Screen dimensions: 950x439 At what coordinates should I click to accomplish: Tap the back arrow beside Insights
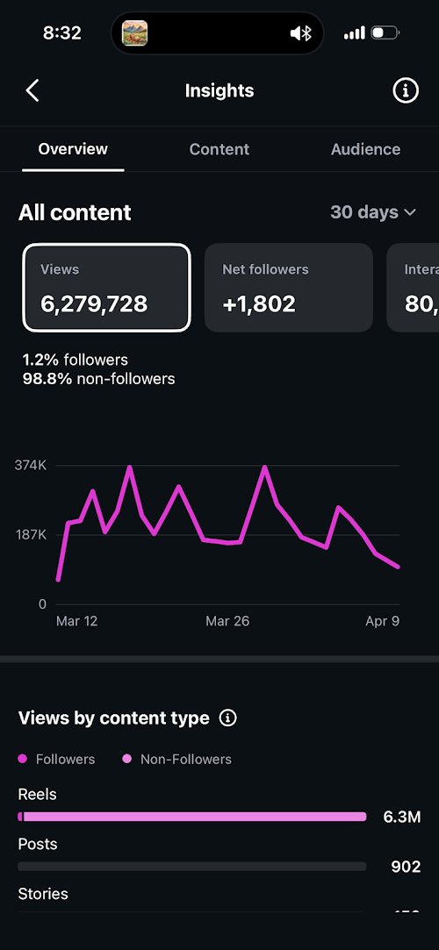pyautogui.click(x=32, y=90)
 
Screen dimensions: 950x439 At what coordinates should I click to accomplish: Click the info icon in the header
pyautogui.click(x=405, y=90)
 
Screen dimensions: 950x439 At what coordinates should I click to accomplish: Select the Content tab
pyautogui.click(x=219, y=149)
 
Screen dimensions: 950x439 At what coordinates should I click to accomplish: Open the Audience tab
pyautogui.click(x=365, y=149)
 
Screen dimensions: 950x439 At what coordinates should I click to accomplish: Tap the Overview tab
pyautogui.click(x=73, y=149)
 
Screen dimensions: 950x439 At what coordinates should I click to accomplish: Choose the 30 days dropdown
pyautogui.click(x=372, y=212)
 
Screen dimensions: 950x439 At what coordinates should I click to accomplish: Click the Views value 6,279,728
pyautogui.click(x=94, y=304)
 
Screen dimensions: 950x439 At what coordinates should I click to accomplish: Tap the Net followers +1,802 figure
pyautogui.click(x=259, y=304)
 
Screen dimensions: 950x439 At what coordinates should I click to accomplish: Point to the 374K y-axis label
pyautogui.click(x=31, y=465)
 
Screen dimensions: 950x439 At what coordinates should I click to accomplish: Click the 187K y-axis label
pyautogui.click(x=31, y=534)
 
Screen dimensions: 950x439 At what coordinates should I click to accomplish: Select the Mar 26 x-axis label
pyautogui.click(x=227, y=621)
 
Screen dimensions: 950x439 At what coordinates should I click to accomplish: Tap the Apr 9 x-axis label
pyautogui.click(x=382, y=621)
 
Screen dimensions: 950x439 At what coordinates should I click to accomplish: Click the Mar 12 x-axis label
pyautogui.click(x=77, y=621)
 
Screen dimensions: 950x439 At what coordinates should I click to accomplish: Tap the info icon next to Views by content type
pyautogui.click(x=227, y=718)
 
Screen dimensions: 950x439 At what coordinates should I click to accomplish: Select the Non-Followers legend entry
pyautogui.click(x=185, y=759)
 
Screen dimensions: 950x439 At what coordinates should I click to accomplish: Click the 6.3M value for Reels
pyautogui.click(x=401, y=818)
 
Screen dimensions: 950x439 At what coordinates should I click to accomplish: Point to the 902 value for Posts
pyautogui.click(x=406, y=867)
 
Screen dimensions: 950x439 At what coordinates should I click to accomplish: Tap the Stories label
pyautogui.click(x=43, y=894)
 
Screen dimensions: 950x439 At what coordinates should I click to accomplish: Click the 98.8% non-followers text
pyautogui.click(x=98, y=379)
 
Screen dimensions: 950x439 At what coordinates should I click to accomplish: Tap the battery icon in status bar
pyautogui.click(x=385, y=33)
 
